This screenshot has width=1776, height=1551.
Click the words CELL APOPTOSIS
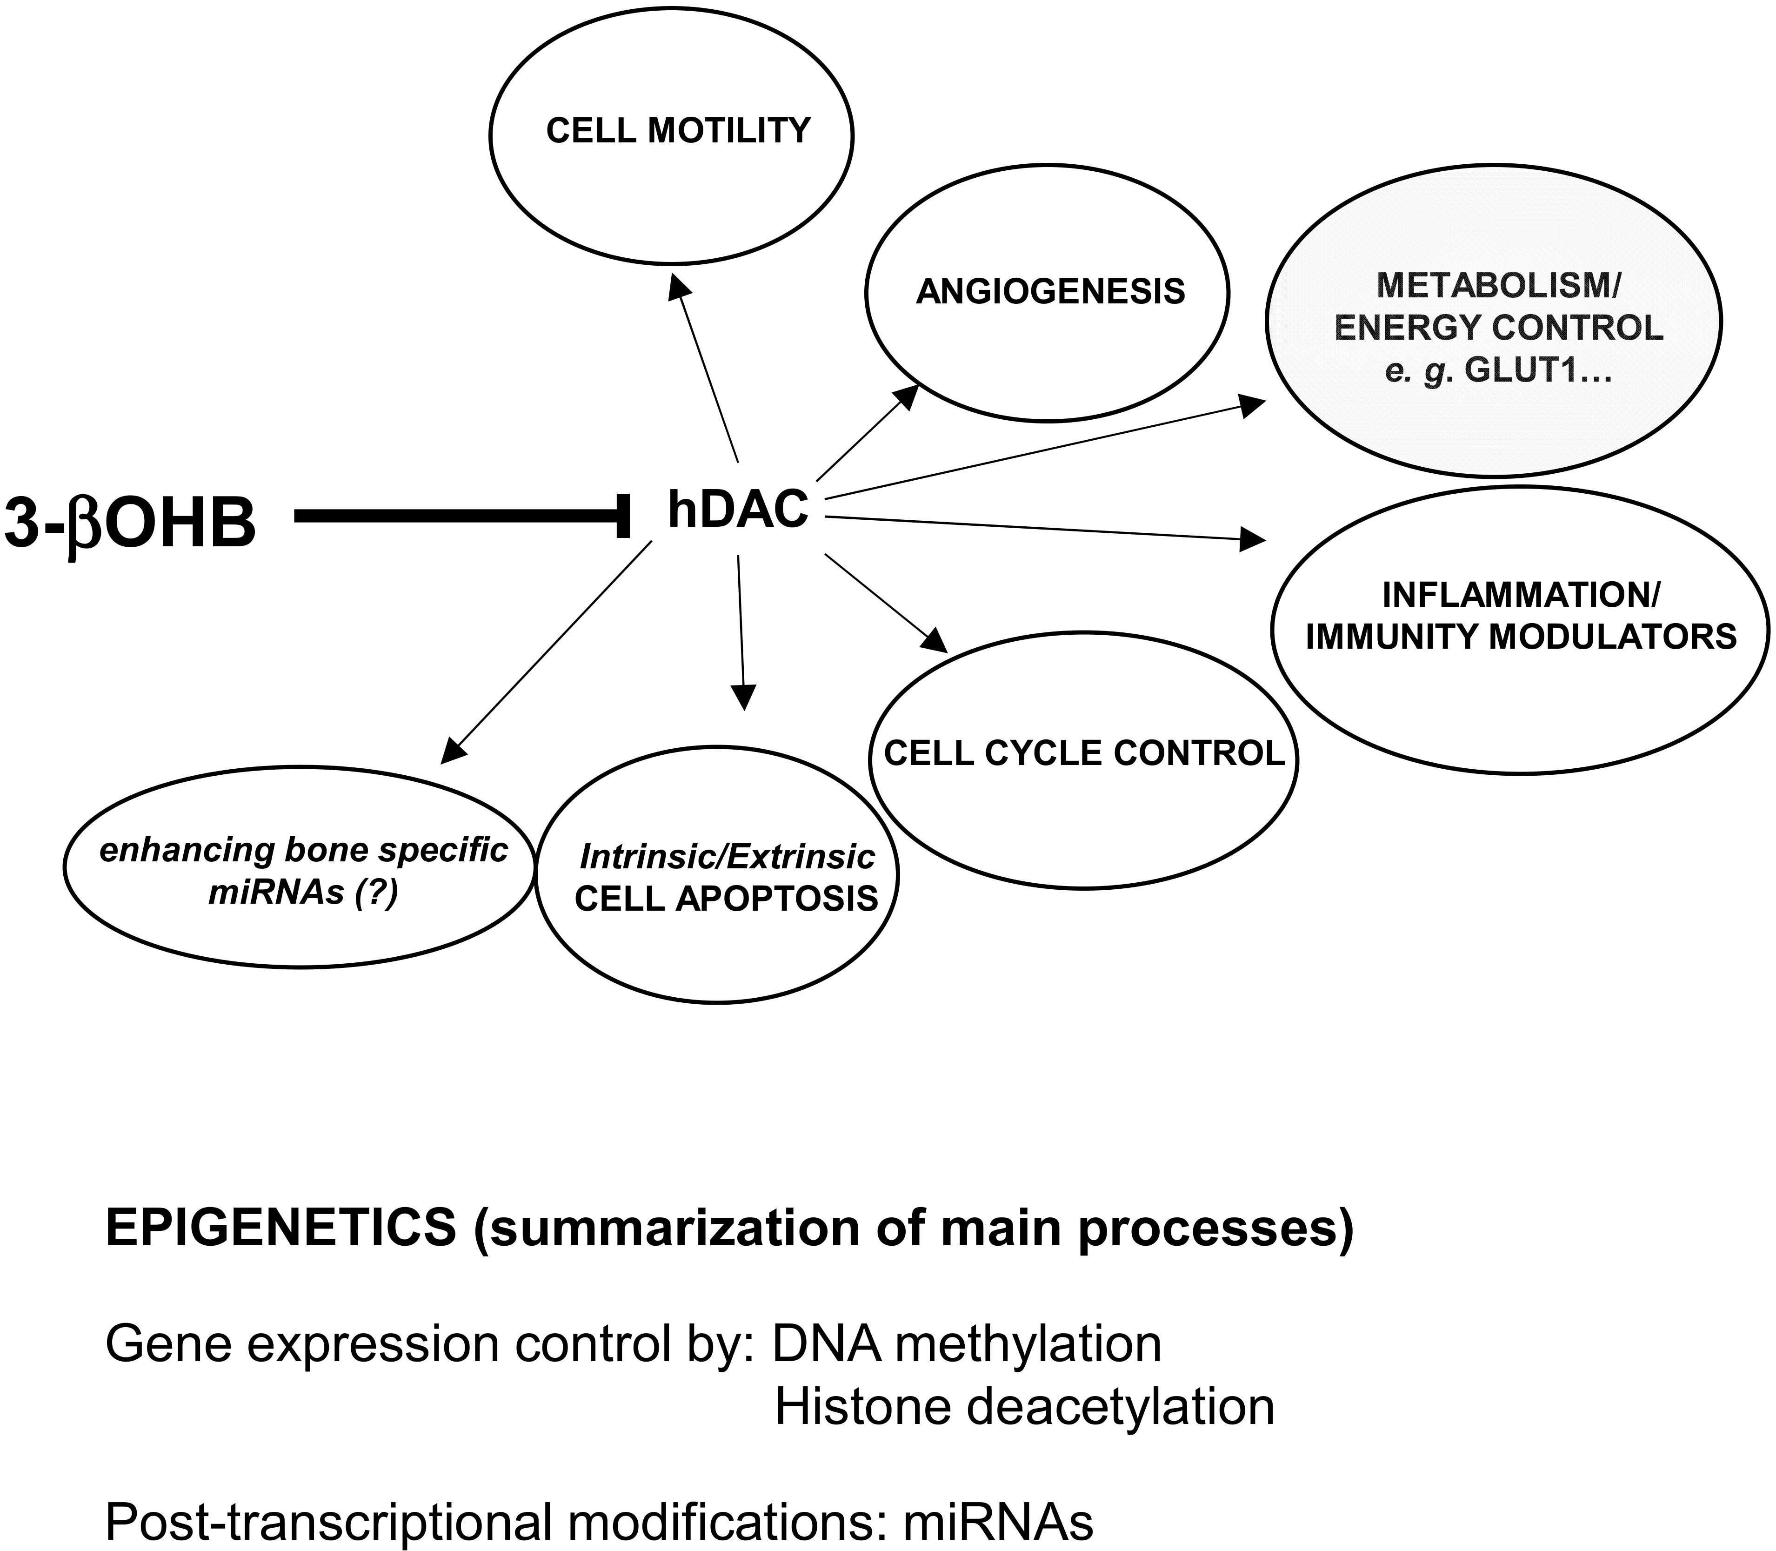click(x=727, y=899)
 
